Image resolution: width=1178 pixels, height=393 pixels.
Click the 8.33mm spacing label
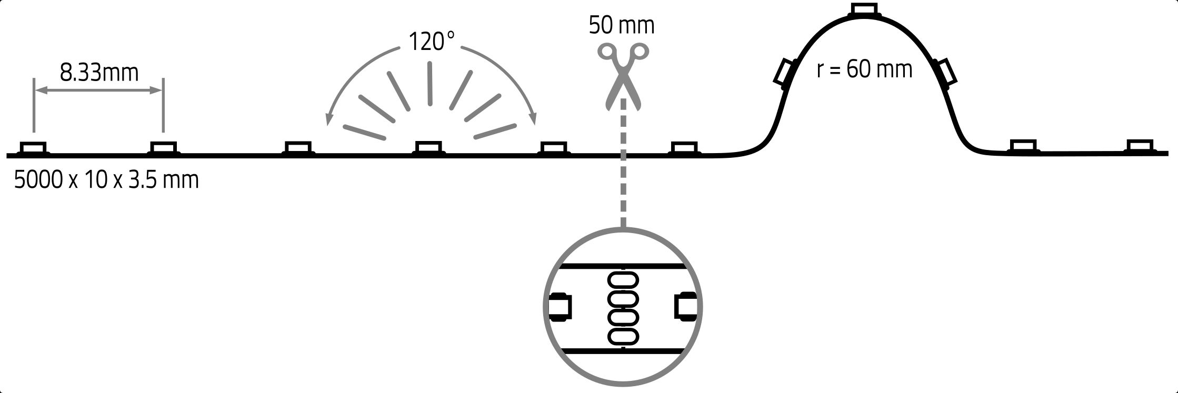[99, 73]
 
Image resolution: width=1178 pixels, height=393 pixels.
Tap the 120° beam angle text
[431, 42]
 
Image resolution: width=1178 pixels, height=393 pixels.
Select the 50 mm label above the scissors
[622, 25]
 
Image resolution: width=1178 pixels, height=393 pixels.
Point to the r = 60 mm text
[864, 69]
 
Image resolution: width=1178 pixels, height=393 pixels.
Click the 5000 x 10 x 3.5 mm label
[106, 180]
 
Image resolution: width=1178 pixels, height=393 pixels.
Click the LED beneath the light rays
[428, 148]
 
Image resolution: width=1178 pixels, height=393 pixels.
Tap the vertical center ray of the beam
[430, 84]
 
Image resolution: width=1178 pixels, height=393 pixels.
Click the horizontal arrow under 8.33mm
[98, 90]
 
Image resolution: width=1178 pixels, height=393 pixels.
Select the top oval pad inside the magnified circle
[623, 280]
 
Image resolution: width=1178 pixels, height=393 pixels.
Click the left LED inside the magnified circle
[560, 307]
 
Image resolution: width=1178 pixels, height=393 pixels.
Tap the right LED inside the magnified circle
[686, 305]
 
